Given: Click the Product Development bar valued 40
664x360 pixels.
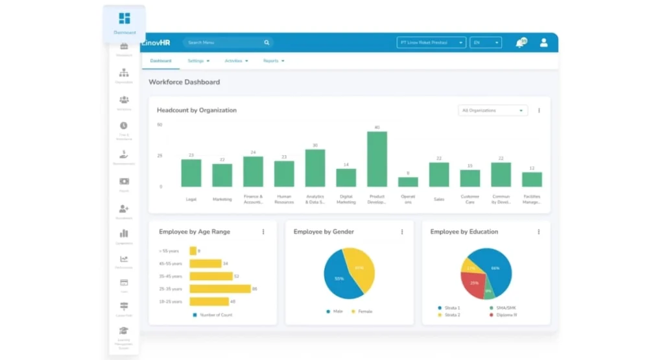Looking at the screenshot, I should pyautogui.click(x=377, y=160).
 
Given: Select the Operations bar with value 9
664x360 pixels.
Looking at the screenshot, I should pyautogui.click(x=408, y=182).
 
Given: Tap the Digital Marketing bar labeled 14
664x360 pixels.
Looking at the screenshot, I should pyautogui.click(x=346, y=178).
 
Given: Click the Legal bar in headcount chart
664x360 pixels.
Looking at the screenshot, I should pyautogui.click(x=191, y=173).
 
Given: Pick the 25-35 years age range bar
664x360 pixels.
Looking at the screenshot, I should pyautogui.click(x=220, y=289).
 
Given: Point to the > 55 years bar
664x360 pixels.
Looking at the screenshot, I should pyautogui.click(x=193, y=251).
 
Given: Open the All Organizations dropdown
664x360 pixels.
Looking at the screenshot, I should pyautogui.click(x=492, y=111).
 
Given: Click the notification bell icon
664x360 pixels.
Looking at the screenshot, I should pyautogui.click(x=519, y=43).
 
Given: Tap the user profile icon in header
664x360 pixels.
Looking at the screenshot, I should pyautogui.click(x=543, y=43).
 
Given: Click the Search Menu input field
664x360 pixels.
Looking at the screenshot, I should pyautogui.click(x=224, y=43).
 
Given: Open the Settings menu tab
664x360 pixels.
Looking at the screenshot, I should pyautogui.click(x=198, y=61).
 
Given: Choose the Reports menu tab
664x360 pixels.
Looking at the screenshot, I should pyautogui.click(x=274, y=61).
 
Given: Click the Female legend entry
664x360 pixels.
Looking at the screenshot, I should pyautogui.click(x=364, y=311).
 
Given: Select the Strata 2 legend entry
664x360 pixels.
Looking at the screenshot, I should pyautogui.click(x=449, y=315).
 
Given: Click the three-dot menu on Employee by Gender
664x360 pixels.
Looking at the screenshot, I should pyautogui.click(x=401, y=232).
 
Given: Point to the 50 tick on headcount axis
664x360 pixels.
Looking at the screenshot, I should pyautogui.click(x=160, y=125).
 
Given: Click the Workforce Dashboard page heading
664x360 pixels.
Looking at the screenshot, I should pyautogui.click(x=184, y=82).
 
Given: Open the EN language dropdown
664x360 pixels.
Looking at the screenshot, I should pyautogui.click(x=486, y=43).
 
